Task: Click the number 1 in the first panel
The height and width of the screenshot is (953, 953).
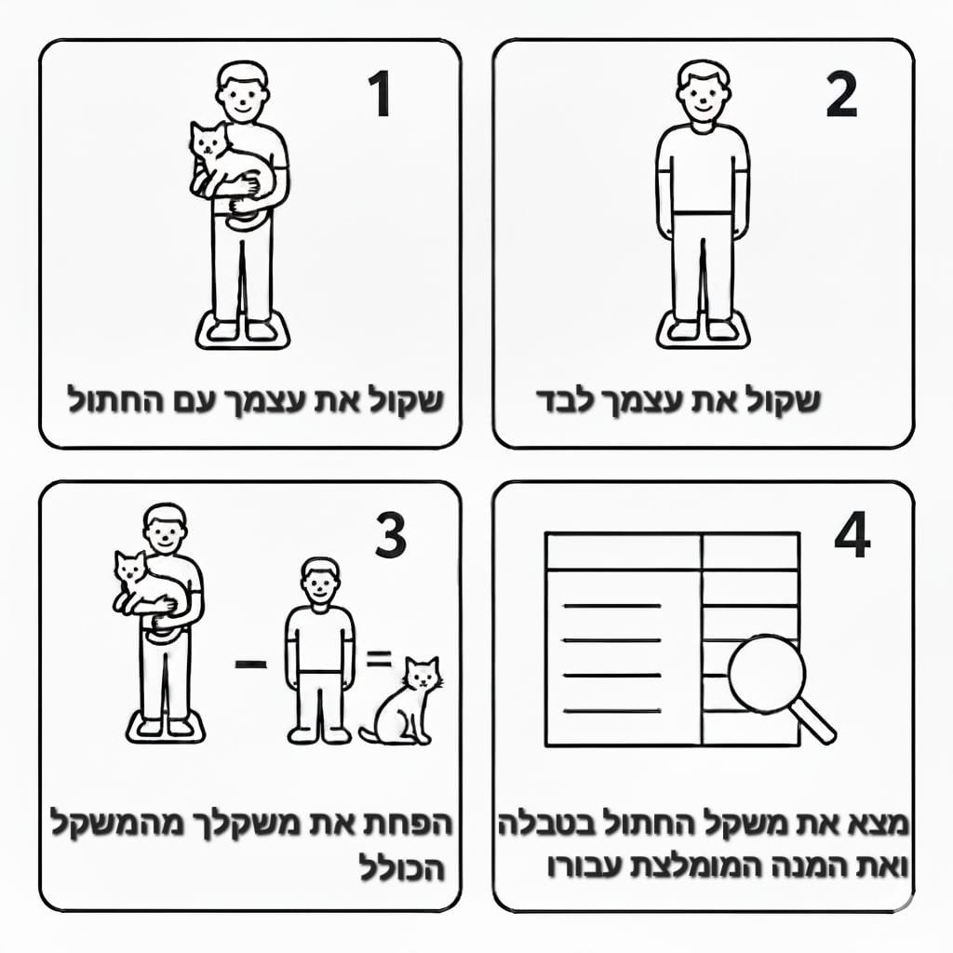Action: point(380,93)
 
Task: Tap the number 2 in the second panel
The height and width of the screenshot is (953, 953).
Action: point(841,94)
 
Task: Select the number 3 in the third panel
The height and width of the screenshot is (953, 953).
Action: point(390,535)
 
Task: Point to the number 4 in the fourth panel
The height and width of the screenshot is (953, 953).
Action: point(852,534)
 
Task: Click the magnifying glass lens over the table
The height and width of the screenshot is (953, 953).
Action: point(767,674)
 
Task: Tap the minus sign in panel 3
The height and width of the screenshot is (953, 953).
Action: point(251,664)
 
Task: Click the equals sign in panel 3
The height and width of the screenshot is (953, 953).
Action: point(378,658)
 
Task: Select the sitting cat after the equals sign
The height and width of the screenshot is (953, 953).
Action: point(401,701)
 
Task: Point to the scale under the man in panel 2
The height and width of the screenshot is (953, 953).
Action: point(704,330)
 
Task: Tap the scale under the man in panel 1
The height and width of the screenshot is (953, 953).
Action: point(243,330)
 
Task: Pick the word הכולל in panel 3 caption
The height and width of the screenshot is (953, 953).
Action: point(402,867)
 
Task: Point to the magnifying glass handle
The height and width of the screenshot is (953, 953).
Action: point(814,721)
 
